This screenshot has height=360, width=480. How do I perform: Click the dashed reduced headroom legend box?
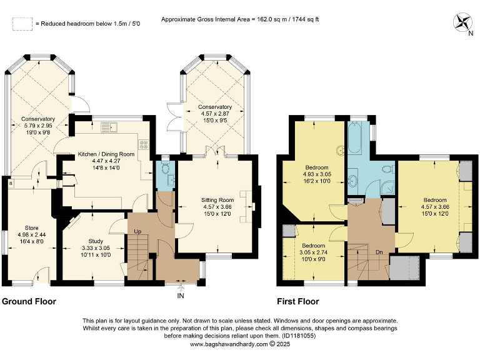click(22, 24)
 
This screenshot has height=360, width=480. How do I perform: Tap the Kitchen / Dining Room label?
click(106, 154)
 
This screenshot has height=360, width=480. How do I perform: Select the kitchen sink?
click(111, 127)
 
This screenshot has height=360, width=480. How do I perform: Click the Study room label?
click(96, 241)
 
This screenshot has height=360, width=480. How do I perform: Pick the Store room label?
click(32, 227)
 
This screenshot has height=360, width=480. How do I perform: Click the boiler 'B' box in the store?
click(10, 184)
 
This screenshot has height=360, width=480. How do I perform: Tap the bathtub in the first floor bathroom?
click(356, 139)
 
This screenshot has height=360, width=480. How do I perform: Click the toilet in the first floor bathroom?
click(386, 169)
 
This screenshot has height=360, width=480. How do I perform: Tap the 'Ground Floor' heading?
click(29, 302)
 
